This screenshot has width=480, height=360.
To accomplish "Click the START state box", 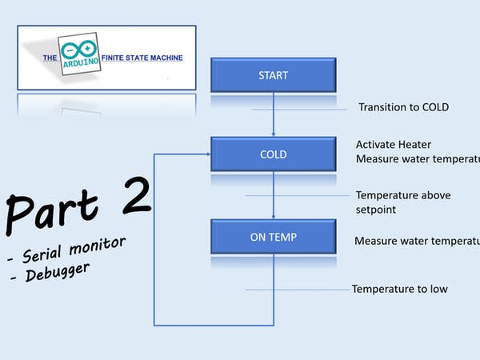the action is [x=274, y=75].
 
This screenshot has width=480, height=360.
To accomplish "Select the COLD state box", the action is [x=274, y=154].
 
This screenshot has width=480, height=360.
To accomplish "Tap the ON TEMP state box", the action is [x=274, y=237].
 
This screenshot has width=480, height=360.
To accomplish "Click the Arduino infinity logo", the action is [x=78, y=49].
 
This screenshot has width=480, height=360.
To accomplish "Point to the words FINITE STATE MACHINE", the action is [x=142, y=58].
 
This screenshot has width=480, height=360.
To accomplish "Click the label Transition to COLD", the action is [x=403, y=107].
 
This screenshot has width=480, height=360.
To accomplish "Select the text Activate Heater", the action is [x=394, y=145].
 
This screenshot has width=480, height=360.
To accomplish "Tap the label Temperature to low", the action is [x=400, y=289].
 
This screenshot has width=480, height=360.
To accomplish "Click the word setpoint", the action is [x=376, y=210].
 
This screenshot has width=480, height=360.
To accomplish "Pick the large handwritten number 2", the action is [x=137, y=195].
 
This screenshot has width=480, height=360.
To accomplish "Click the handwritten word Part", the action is [x=52, y=212].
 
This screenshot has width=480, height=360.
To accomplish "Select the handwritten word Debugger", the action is [x=58, y=272].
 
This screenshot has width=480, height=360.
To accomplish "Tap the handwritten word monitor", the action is [x=98, y=246].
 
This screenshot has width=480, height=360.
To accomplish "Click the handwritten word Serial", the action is [x=42, y=254].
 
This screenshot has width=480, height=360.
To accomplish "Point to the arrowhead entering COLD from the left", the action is [x=209, y=154].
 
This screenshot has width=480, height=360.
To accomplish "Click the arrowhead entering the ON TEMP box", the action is [x=274, y=217].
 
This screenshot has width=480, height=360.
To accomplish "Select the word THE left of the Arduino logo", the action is [x=50, y=58].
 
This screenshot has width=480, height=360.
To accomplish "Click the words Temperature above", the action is [x=403, y=195].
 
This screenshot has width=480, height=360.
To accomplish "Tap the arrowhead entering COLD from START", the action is [x=274, y=134].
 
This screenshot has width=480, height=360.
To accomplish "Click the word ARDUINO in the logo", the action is [x=81, y=62].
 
